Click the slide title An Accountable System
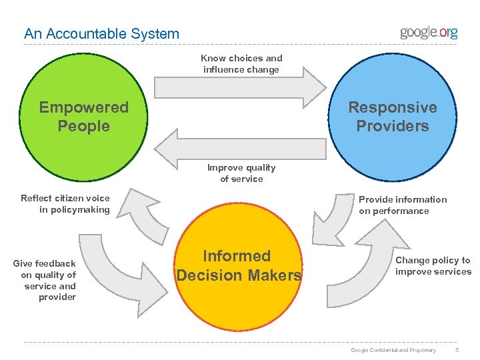(101, 33)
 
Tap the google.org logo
(428, 33)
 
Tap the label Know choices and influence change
(241, 64)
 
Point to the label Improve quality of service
(241, 173)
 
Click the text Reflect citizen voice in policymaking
(65, 204)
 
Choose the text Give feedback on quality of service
(45, 280)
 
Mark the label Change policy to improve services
(433, 266)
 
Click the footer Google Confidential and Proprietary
(393, 350)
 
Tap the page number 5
(457, 350)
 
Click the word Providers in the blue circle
(393, 126)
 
